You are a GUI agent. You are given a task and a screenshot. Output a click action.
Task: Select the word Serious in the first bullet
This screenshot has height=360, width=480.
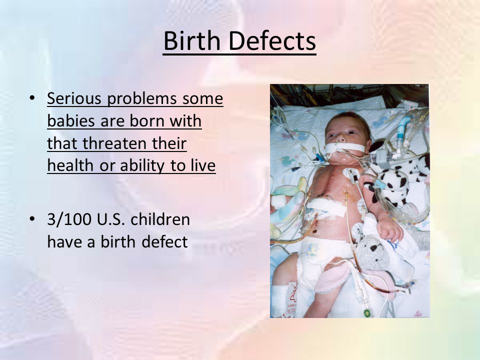pos(74,98)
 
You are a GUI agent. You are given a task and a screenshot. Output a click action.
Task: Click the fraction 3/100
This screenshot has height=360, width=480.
pos(69,219)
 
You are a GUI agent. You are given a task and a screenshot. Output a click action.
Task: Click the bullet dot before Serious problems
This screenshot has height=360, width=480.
pos(32,98)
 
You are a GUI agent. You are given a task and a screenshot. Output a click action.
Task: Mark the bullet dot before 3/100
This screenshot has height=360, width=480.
pos(32,219)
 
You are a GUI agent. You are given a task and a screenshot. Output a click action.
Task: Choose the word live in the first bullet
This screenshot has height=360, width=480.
pos(203,165)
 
